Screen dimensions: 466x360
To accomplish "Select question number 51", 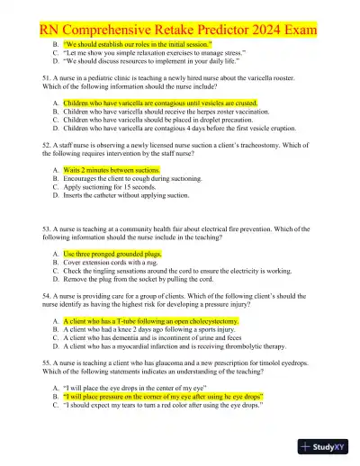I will pos(47,80).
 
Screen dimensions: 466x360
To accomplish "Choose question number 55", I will pos(47,358).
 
